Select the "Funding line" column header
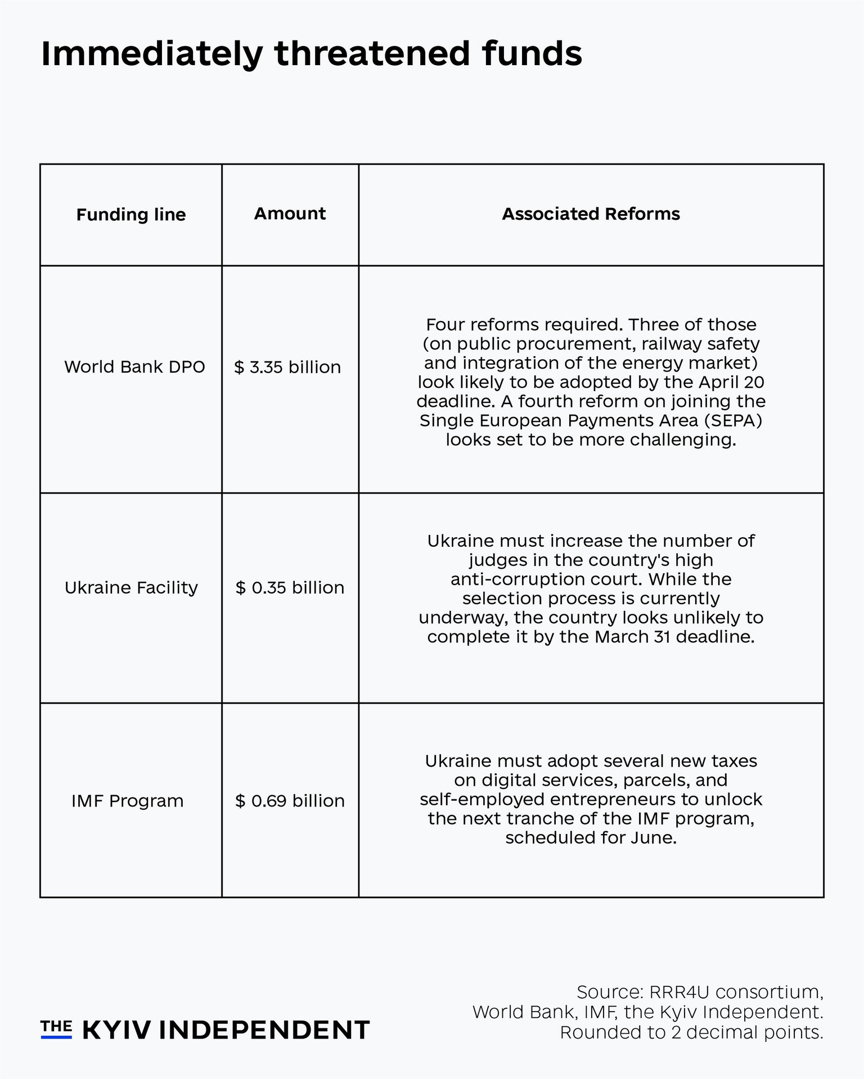pos(131,215)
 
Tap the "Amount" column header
pos(290,214)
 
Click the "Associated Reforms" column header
pos(591,214)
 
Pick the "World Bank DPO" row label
pos(134,367)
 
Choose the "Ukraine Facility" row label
pos(131,588)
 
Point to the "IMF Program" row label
pos(127,801)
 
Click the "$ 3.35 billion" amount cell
pos(287,368)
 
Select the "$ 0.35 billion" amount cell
pos(290,588)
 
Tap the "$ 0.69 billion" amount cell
pos(290,801)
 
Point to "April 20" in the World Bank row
pos(732,382)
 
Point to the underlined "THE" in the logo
pos(56,1028)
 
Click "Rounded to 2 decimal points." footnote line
pos(691,1032)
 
